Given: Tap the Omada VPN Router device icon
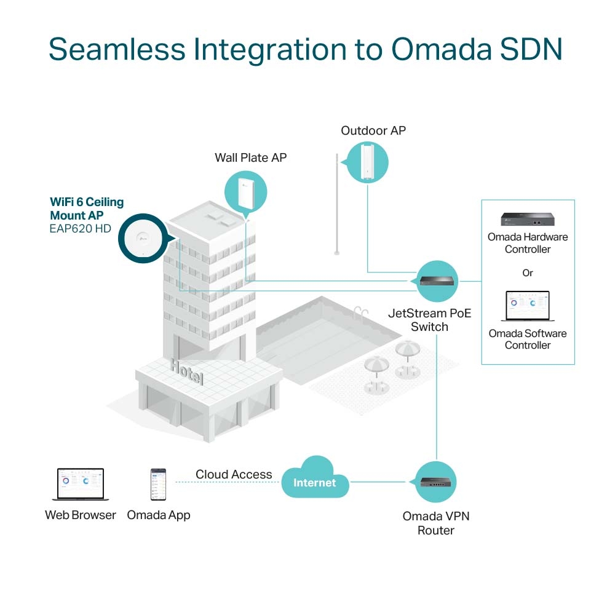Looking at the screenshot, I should [436, 482].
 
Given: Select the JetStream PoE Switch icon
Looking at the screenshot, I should [438, 281].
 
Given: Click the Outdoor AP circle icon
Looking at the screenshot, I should [367, 162].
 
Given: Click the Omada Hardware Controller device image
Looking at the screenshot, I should [528, 220].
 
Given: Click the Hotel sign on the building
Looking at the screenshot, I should [186, 371].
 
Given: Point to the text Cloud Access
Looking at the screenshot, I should [234, 474].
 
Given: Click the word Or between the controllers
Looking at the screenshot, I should [528, 272].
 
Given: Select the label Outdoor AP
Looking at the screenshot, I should [373, 130].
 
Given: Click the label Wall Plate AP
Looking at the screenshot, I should [250, 158].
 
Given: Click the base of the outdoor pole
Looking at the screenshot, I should [336, 252].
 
